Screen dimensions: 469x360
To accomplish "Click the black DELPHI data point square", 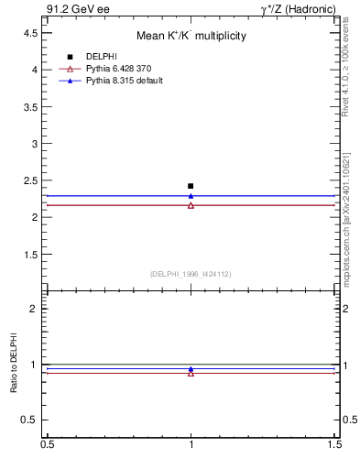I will click(191, 186).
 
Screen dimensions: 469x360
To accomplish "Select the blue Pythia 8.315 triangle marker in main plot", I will click(191, 195).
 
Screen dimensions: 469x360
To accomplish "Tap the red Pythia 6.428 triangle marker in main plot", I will click(191, 205).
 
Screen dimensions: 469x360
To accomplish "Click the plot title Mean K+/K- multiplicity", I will click(191, 36).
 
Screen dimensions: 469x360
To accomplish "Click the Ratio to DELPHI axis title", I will click(14, 364).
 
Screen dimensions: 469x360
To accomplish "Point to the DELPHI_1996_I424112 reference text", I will click(191, 274).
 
